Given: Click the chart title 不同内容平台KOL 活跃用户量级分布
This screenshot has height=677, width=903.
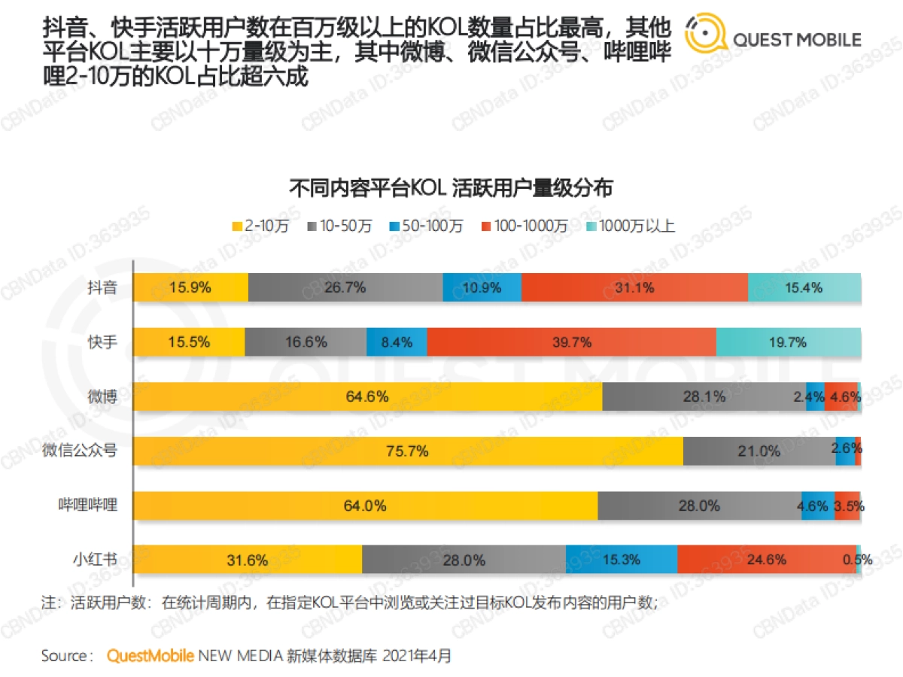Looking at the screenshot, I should click(451, 188).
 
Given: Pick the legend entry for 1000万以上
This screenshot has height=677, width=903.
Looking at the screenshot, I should click(631, 226).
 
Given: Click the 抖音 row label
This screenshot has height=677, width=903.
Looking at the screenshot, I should click(102, 287).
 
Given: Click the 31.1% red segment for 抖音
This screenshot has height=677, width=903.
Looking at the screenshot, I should click(634, 287).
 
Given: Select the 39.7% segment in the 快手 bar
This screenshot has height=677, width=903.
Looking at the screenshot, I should click(571, 342).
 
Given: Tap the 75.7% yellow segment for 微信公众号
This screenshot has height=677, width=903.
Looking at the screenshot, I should click(409, 451).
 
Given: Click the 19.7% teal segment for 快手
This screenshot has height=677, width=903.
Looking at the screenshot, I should click(788, 342).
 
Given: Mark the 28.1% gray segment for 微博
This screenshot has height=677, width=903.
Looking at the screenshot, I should click(703, 396).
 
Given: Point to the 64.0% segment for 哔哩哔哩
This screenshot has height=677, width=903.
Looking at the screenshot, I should click(366, 505).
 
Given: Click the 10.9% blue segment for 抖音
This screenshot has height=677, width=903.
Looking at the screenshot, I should click(482, 287).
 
